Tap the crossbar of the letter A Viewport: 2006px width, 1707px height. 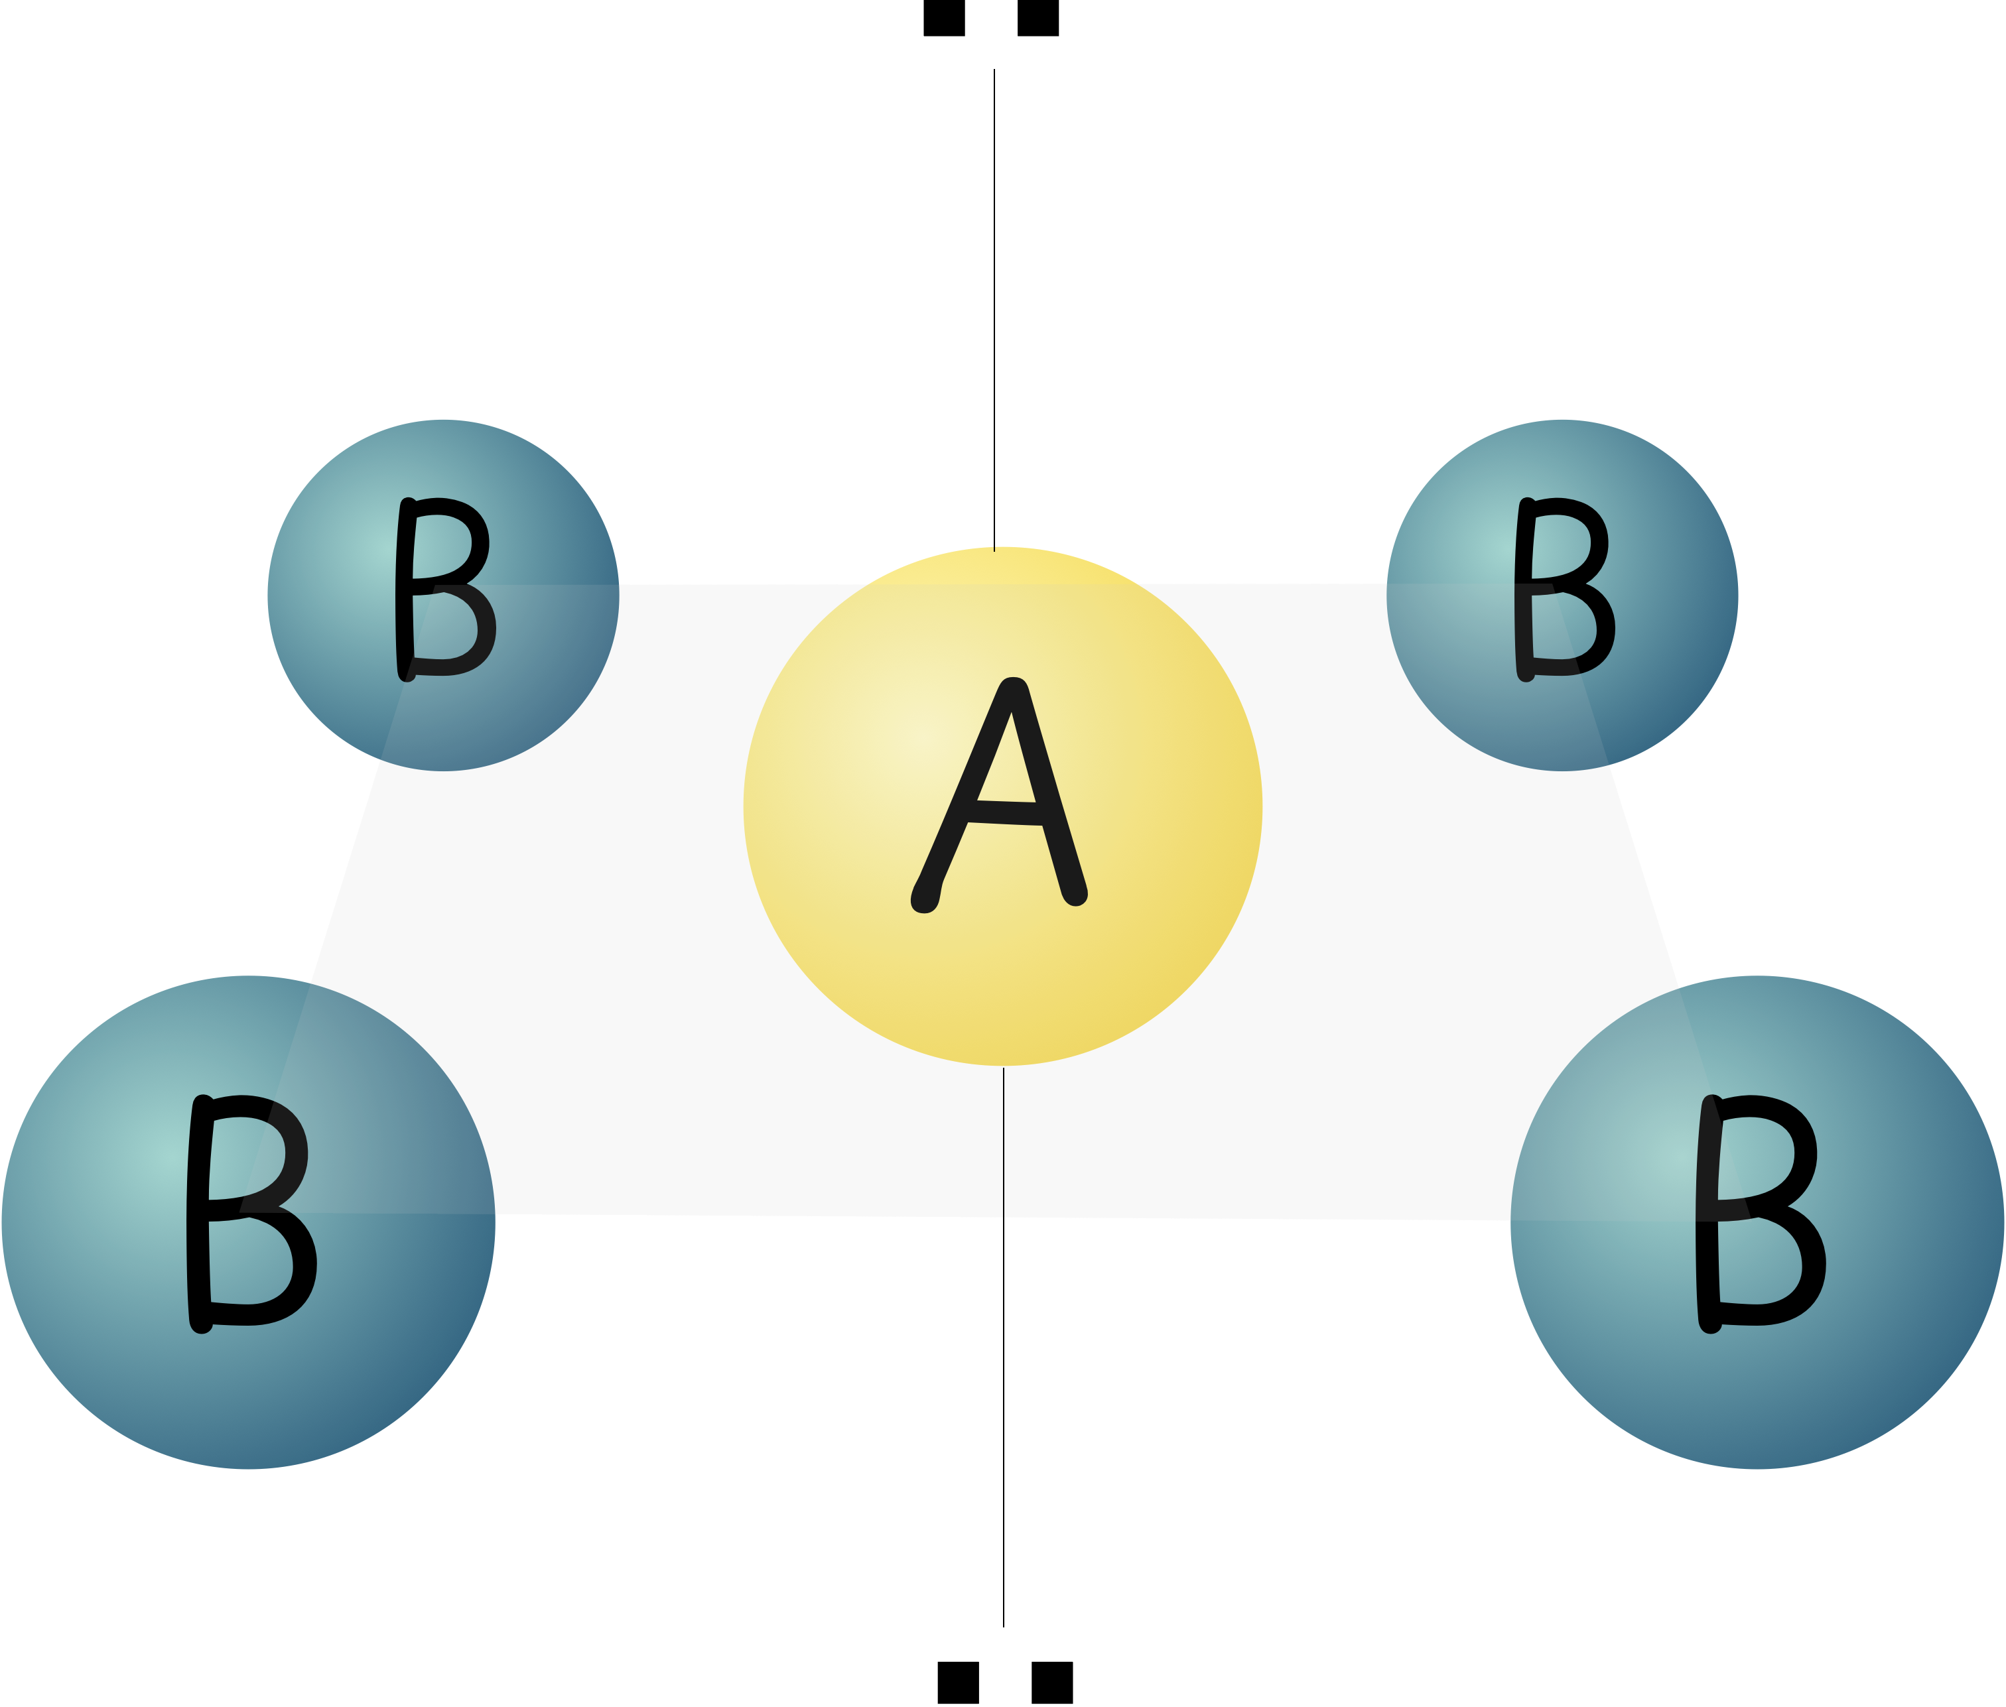tap(1007, 803)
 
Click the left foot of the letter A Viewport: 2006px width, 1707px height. tap(925, 900)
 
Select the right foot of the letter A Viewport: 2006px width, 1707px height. tap(1075, 895)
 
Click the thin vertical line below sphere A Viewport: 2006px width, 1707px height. tap(1004, 1142)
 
